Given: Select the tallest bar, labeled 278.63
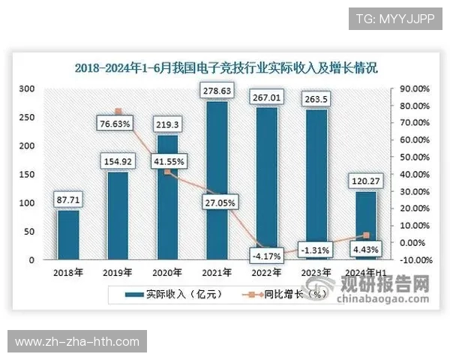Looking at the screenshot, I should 216,180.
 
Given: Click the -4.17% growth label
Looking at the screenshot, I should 267,256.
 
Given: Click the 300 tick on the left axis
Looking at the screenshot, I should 28,88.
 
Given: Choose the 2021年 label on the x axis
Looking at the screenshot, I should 216,272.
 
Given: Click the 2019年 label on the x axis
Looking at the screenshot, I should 118,272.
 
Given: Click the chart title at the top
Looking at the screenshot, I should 225,67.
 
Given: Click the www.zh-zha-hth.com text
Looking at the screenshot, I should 77,341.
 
